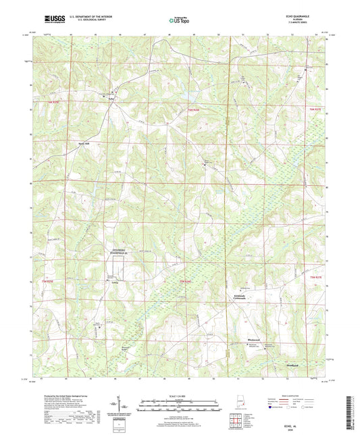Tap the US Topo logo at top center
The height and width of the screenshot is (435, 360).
point(179,20)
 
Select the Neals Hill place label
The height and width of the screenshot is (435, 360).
point(83,143)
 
